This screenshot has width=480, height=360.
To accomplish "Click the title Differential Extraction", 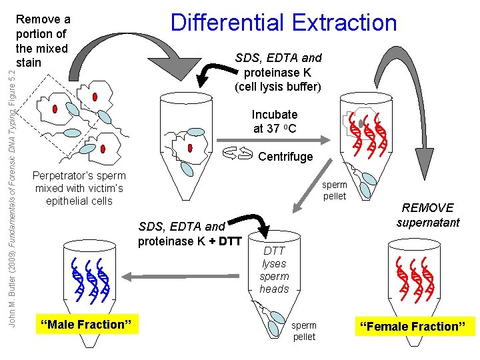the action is click(283, 22).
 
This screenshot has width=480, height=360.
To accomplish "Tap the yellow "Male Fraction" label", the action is click(87, 325).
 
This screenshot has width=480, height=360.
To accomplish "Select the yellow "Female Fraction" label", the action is click(419, 327).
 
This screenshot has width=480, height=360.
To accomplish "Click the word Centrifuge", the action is click(285, 157).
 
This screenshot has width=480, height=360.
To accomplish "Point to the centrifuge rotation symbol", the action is click(238, 155).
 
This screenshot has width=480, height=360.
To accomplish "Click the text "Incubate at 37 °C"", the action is click(274, 121).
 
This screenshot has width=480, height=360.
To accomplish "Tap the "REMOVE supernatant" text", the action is click(427, 215).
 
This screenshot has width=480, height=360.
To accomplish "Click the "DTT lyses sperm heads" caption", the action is click(274, 270).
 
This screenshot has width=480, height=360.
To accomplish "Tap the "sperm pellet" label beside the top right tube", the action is click(334, 190).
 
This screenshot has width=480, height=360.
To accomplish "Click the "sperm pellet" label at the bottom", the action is click(304, 331).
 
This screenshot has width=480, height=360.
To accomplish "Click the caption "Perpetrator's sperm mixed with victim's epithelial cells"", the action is click(79, 188).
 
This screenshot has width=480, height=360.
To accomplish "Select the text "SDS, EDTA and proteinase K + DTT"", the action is click(189, 233).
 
